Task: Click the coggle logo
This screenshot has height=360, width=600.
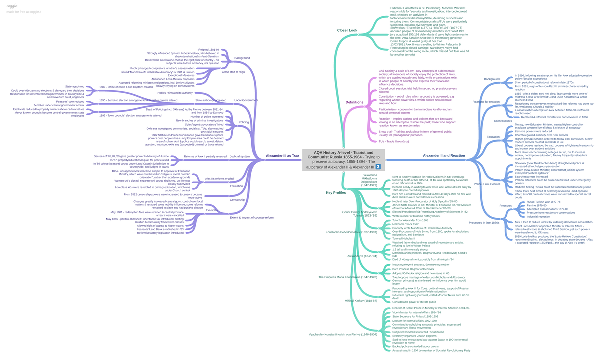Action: [x=12, y=5]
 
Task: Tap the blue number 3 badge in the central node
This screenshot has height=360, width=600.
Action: [x=378, y=167]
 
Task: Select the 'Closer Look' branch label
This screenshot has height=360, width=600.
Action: [x=347, y=31]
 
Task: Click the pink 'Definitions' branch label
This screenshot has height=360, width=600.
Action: [x=354, y=102]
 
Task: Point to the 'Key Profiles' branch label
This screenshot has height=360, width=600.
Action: [x=336, y=193]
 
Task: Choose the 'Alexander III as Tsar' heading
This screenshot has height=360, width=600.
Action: [x=282, y=156]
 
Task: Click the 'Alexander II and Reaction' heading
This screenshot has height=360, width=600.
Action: [x=444, y=156]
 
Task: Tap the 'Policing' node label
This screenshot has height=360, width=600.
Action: [x=244, y=122]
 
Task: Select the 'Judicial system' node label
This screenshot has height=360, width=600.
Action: [x=239, y=156]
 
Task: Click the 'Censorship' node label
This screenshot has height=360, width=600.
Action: [x=237, y=200]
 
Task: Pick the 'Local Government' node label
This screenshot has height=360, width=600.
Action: [x=246, y=100]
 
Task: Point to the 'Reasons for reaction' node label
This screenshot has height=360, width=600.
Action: [x=486, y=102]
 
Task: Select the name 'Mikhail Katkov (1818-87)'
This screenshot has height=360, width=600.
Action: [x=361, y=301]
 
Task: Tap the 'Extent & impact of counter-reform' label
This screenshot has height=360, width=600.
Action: [x=252, y=217]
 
